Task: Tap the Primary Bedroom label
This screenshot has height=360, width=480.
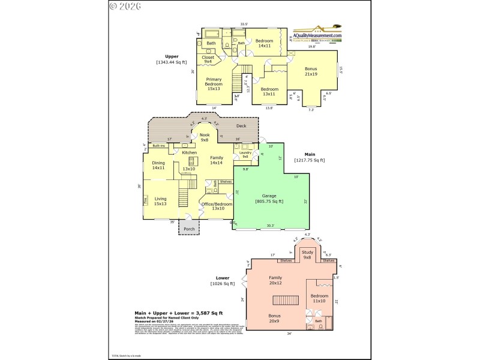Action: [x=214, y=85]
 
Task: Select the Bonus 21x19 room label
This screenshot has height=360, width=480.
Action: [x=311, y=71]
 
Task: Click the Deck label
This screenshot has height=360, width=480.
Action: [x=241, y=126]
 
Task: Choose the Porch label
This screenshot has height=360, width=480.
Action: [x=189, y=229]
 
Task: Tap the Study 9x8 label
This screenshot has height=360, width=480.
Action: [x=307, y=254]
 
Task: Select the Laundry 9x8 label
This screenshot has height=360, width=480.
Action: [x=245, y=154]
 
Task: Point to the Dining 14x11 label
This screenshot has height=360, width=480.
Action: [x=158, y=165]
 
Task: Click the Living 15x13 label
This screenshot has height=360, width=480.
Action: [x=161, y=201]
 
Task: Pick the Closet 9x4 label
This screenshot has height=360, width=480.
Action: [x=208, y=59]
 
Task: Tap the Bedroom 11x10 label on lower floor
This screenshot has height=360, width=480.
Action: [x=319, y=298]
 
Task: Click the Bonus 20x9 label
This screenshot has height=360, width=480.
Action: [x=274, y=319]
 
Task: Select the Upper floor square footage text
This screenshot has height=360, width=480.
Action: [x=172, y=62]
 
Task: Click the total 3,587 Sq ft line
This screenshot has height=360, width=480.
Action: [x=178, y=313]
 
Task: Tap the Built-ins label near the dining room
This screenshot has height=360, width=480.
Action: [x=159, y=146]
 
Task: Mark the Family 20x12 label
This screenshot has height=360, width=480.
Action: [x=275, y=280]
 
